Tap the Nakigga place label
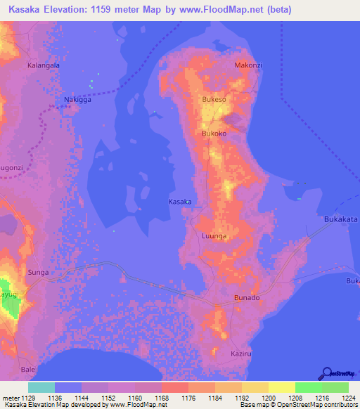tap(78, 100)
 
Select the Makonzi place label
tap(247, 65)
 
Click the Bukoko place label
tap(214, 133)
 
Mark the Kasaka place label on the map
tap(180, 202)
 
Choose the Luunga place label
tap(214, 236)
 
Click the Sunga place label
tap(37, 270)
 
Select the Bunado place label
tap(247, 298)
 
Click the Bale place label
tap(28, 369)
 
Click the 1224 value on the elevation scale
tap(341, 398)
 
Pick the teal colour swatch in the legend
tap(41, 387)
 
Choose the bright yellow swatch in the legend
tap(281, 387)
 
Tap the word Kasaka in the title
tap(26, 10)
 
